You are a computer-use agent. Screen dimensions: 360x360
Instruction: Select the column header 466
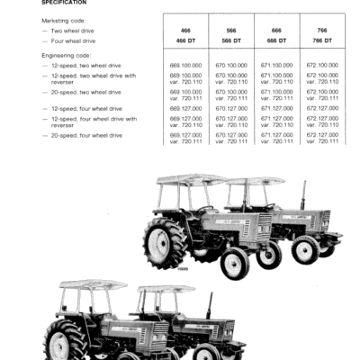pyautogui.click(x=185, y=31)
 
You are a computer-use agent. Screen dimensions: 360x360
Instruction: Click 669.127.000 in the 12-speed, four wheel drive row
pyautogui.click(x=185, y=107)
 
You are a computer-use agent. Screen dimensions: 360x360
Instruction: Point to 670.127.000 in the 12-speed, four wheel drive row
pyautogui.click(x=229, y=107)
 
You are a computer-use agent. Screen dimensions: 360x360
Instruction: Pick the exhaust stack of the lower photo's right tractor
pyautogui.click(x=209, y=306)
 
